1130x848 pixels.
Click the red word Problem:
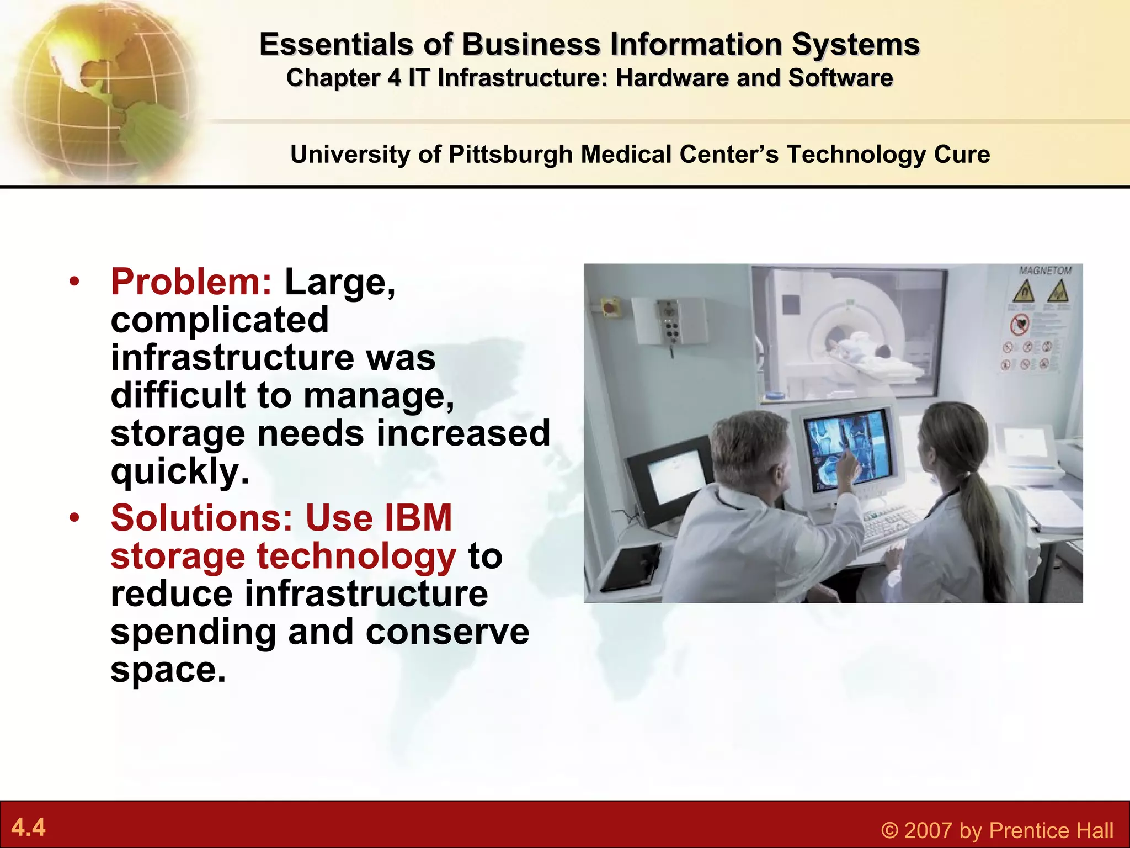191,282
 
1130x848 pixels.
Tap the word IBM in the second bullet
418,518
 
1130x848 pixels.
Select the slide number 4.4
28,828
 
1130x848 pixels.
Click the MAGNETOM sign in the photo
1044,271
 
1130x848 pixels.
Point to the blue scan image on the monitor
847,450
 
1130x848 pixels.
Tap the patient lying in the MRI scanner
861,353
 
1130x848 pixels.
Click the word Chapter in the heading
333,78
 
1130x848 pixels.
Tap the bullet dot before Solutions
75,518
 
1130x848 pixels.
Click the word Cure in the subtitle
962,155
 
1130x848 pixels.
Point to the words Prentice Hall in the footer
1051,830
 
